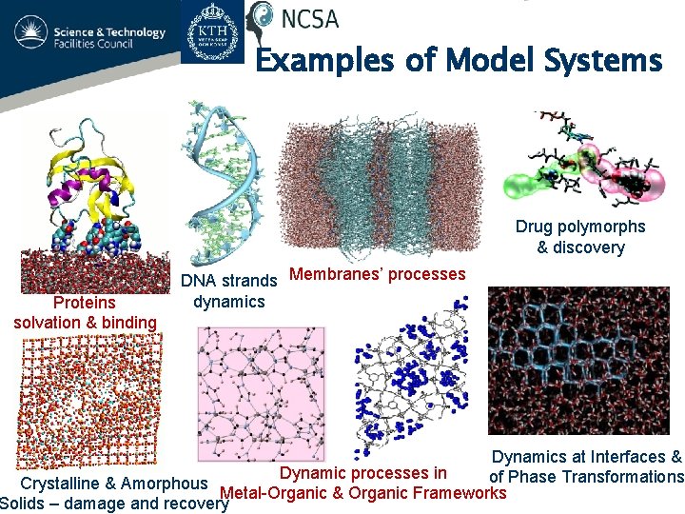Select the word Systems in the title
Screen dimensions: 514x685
pos(603,61)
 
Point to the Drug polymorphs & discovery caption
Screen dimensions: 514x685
pos(579,237)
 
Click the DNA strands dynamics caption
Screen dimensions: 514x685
pos(228,291)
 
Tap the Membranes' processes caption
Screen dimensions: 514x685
pos(377,274)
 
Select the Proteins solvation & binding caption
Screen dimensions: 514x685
pos(85,312)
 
